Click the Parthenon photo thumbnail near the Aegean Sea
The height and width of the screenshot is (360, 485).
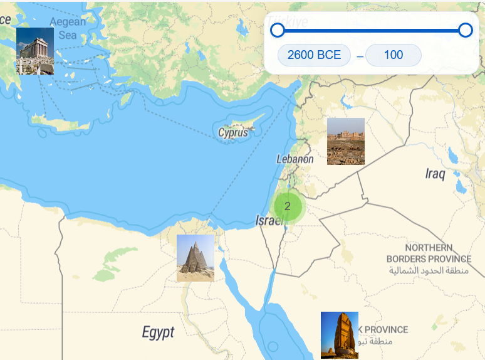tap(35, 51)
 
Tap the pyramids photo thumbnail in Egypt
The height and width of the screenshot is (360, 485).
tap(196, 258)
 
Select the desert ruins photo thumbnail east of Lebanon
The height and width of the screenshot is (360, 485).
tap(346, 141)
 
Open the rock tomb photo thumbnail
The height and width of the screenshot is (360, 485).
tap(340, 335)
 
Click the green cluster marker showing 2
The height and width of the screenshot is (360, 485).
tap(288, 206)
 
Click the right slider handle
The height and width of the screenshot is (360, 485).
tap(465, 30)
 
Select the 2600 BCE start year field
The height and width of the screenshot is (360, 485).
tap(314, 55)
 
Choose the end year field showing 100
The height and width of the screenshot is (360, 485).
tap(394, 55)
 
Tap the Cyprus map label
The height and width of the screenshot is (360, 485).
tap(233, 133)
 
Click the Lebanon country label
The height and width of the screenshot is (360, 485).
tap(295, 159)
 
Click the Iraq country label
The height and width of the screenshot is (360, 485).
tap(435, 174)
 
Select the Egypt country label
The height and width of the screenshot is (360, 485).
tap(158, 332)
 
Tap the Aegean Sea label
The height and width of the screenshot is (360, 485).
tap(68, 28)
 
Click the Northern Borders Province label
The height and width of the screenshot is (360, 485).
tap(429, 253)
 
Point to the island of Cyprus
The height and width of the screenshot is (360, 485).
tap(241, 122)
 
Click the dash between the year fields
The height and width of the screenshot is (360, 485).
tap(360, 56)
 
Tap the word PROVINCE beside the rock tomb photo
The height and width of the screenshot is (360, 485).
tap(386, 330)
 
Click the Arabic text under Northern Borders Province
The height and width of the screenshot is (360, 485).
tap(429, 271)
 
